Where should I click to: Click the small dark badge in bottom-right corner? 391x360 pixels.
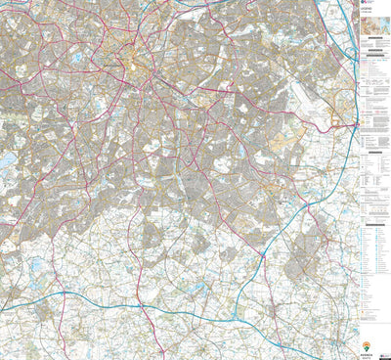pos(386,355)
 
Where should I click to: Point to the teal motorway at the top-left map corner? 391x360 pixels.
pos(8,10)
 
